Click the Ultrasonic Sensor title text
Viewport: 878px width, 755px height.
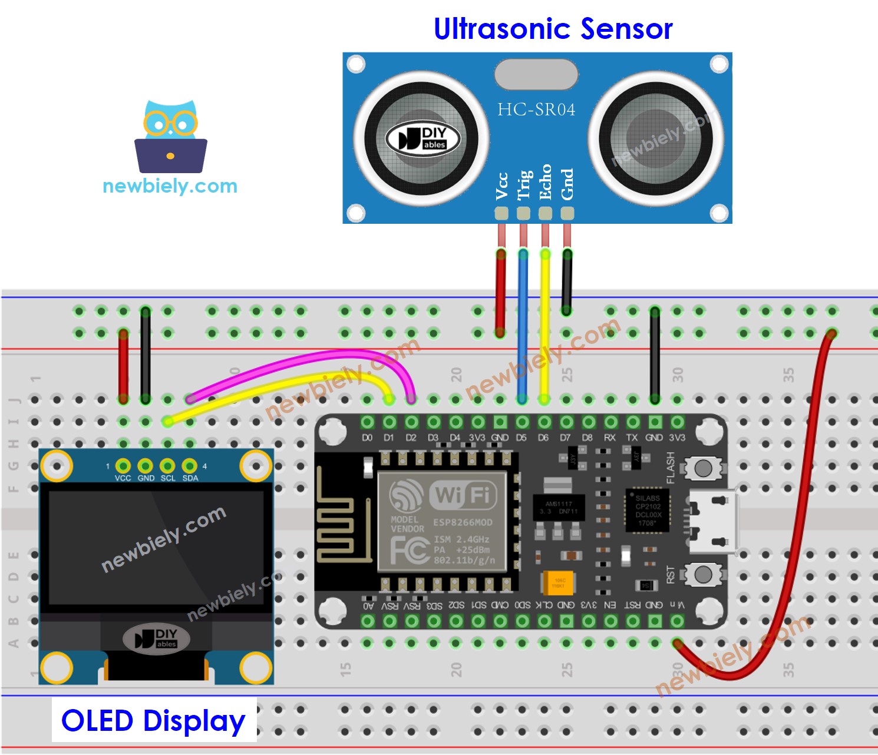tap(553, 29)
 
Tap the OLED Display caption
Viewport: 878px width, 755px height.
tap(153, 720)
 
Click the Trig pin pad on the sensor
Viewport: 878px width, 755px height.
tap(523, 213)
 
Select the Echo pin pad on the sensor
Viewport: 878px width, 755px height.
tap(545, 213)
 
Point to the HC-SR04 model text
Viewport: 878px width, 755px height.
tap(536, 110)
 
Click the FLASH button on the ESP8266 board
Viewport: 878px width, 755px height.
tap(702, 468)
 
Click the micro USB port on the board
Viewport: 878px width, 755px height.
tap(713, 521)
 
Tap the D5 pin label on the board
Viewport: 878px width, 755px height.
tap(521, 438)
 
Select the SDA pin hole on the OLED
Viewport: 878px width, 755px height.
tap(189, 466)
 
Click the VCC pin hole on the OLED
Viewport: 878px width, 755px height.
tap(123, 466)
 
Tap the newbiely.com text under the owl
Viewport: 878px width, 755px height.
tap(170, 186)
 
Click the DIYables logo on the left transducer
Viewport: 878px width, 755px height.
tap(423, 139)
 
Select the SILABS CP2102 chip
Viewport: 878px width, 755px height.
tap(647, 510)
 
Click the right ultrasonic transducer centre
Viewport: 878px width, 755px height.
tap(655, 139)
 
